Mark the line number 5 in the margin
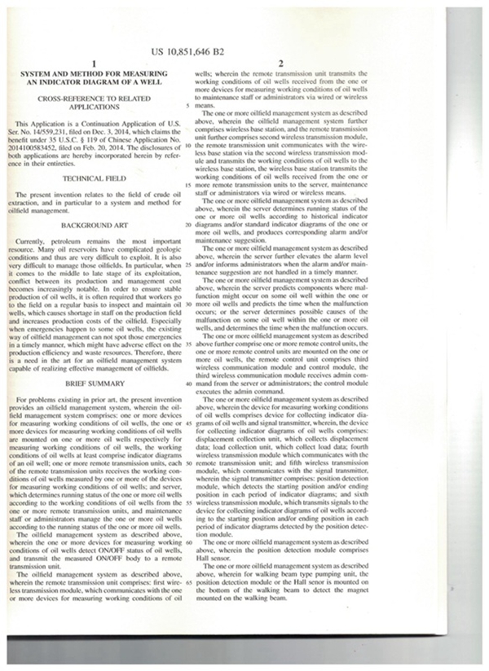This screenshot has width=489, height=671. tap(188, 106)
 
